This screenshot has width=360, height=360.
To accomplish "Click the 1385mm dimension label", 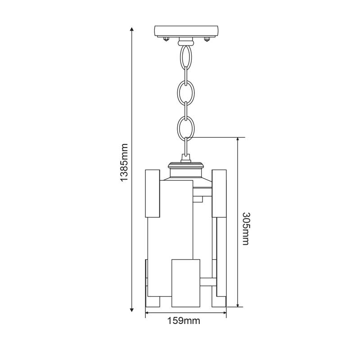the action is click(x=124, y=162).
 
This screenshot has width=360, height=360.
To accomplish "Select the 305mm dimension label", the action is click(x=246, y=229).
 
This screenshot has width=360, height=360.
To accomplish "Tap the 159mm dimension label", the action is click(x=184, y=321).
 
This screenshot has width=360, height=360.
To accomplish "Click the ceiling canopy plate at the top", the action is click(x=186, y=31).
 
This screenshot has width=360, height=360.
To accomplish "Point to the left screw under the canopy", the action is click(x=166, y=39).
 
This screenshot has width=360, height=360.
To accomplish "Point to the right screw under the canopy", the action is click(x=207, y=39).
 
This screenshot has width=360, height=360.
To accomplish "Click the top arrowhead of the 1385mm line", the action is click(x=132, y=29).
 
